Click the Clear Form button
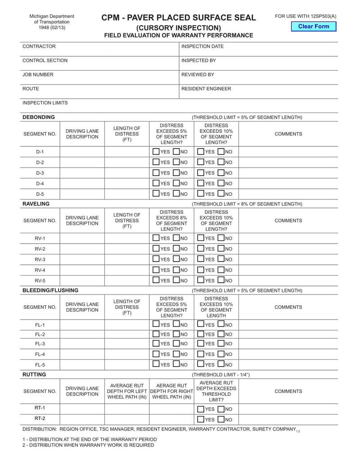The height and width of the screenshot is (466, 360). (x=314, y=27)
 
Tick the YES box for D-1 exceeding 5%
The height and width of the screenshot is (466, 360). (x=156, y=152)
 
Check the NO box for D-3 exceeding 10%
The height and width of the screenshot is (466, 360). (x=221, y=173)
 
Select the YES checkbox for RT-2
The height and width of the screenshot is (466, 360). (x=201, y=420)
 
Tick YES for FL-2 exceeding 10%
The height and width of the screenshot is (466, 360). (x=201, y=334)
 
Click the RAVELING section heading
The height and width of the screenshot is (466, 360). (x=36, y=204)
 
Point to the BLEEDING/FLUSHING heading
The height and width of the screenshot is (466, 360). (x=50, y=290)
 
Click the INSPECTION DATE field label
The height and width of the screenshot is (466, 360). (x=202, y=46)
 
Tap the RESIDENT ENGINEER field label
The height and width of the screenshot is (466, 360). (x=206, y=89)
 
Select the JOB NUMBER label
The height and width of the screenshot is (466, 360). (x=38, y=75)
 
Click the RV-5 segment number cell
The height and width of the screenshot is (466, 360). (x=40, y=280)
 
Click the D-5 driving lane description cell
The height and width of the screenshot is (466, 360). (x=82, y=194)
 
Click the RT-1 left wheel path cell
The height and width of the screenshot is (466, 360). (x=127, y=409)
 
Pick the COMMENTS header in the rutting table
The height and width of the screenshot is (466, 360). (x=288, y=391)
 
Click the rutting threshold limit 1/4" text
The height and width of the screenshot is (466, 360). (x=220, y=375)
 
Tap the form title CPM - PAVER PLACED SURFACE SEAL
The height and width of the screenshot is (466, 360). (x=179, y=18)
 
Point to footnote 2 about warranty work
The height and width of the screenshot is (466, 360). (x=88, y=445)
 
